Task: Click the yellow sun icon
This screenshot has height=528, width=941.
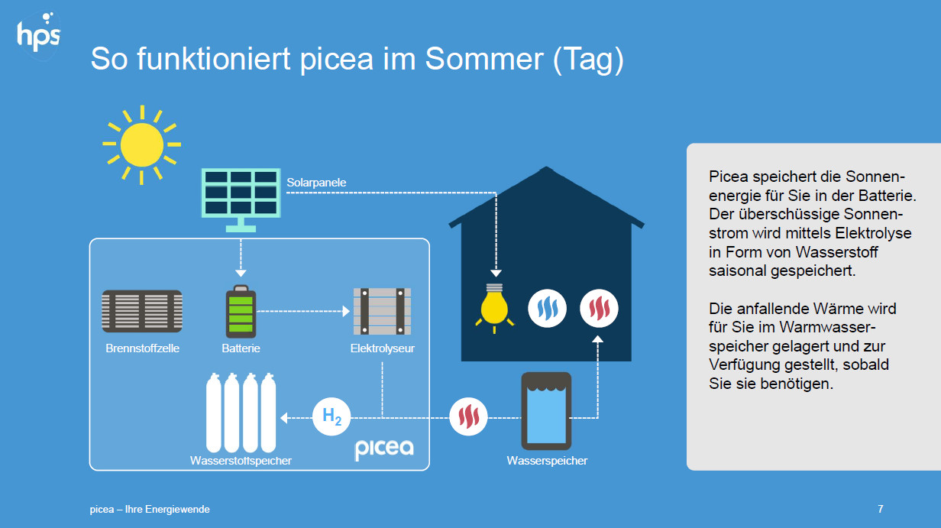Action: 141,144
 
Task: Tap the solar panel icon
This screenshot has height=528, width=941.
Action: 241,199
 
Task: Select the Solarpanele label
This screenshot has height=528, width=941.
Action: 316,183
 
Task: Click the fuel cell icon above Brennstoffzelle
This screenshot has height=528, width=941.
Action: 142,311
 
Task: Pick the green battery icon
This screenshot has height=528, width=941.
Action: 241,312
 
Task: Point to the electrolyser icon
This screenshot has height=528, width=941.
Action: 382,311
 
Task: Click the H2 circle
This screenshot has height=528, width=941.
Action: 331,416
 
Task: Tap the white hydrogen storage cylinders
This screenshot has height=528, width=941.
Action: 241,413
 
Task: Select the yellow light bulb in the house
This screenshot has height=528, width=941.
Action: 494,308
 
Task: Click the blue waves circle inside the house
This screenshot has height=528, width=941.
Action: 547,309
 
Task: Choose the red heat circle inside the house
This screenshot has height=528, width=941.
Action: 599,309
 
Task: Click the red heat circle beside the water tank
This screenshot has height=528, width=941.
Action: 468,416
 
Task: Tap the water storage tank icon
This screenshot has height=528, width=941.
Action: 547,411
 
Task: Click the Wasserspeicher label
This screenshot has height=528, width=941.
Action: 547,461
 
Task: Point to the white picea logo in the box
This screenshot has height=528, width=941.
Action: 384,449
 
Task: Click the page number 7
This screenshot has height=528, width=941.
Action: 881,509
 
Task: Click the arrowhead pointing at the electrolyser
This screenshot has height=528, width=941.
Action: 346,311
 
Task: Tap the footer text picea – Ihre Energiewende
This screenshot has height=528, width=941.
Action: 150,509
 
